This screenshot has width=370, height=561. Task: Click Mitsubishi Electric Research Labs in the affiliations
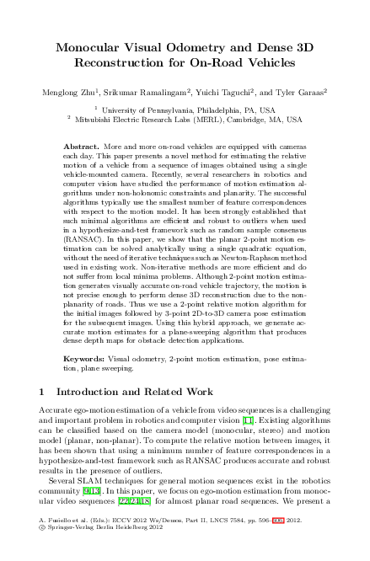coord(141,120)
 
